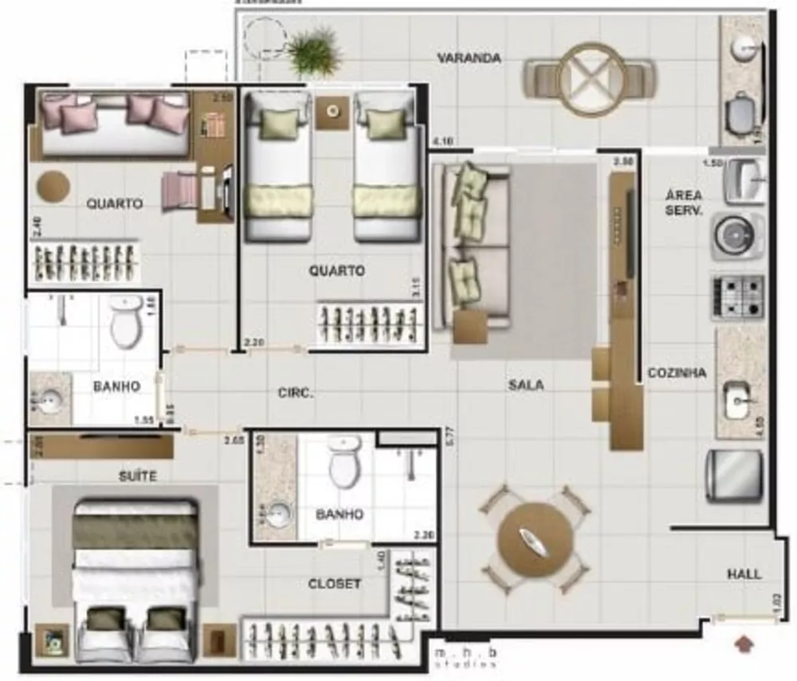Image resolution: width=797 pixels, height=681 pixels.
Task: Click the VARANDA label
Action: coord(469,58)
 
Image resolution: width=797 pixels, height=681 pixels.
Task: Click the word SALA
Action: coord(526,385)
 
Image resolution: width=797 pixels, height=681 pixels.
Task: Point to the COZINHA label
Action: coord(677,372)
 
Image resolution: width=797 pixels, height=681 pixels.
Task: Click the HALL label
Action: coord(743,573)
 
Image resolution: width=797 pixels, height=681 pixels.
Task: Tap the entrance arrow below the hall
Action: coord(746,641)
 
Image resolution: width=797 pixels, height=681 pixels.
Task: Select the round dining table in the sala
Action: coord(535,539)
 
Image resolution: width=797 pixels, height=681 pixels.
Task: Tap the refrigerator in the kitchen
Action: coord(734,475)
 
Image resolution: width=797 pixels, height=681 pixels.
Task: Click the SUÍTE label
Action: coord(138,476)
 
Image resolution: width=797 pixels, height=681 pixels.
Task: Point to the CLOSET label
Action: coord(334,584)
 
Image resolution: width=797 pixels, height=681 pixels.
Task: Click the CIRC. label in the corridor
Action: coord(296,392)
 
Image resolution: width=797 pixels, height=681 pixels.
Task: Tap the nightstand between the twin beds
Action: coord(332,112)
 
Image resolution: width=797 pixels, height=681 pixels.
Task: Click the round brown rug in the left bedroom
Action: coord(53,186)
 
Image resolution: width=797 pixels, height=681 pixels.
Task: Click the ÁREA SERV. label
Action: coord(684,203)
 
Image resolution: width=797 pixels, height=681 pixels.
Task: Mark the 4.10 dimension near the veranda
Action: coord(442,142)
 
